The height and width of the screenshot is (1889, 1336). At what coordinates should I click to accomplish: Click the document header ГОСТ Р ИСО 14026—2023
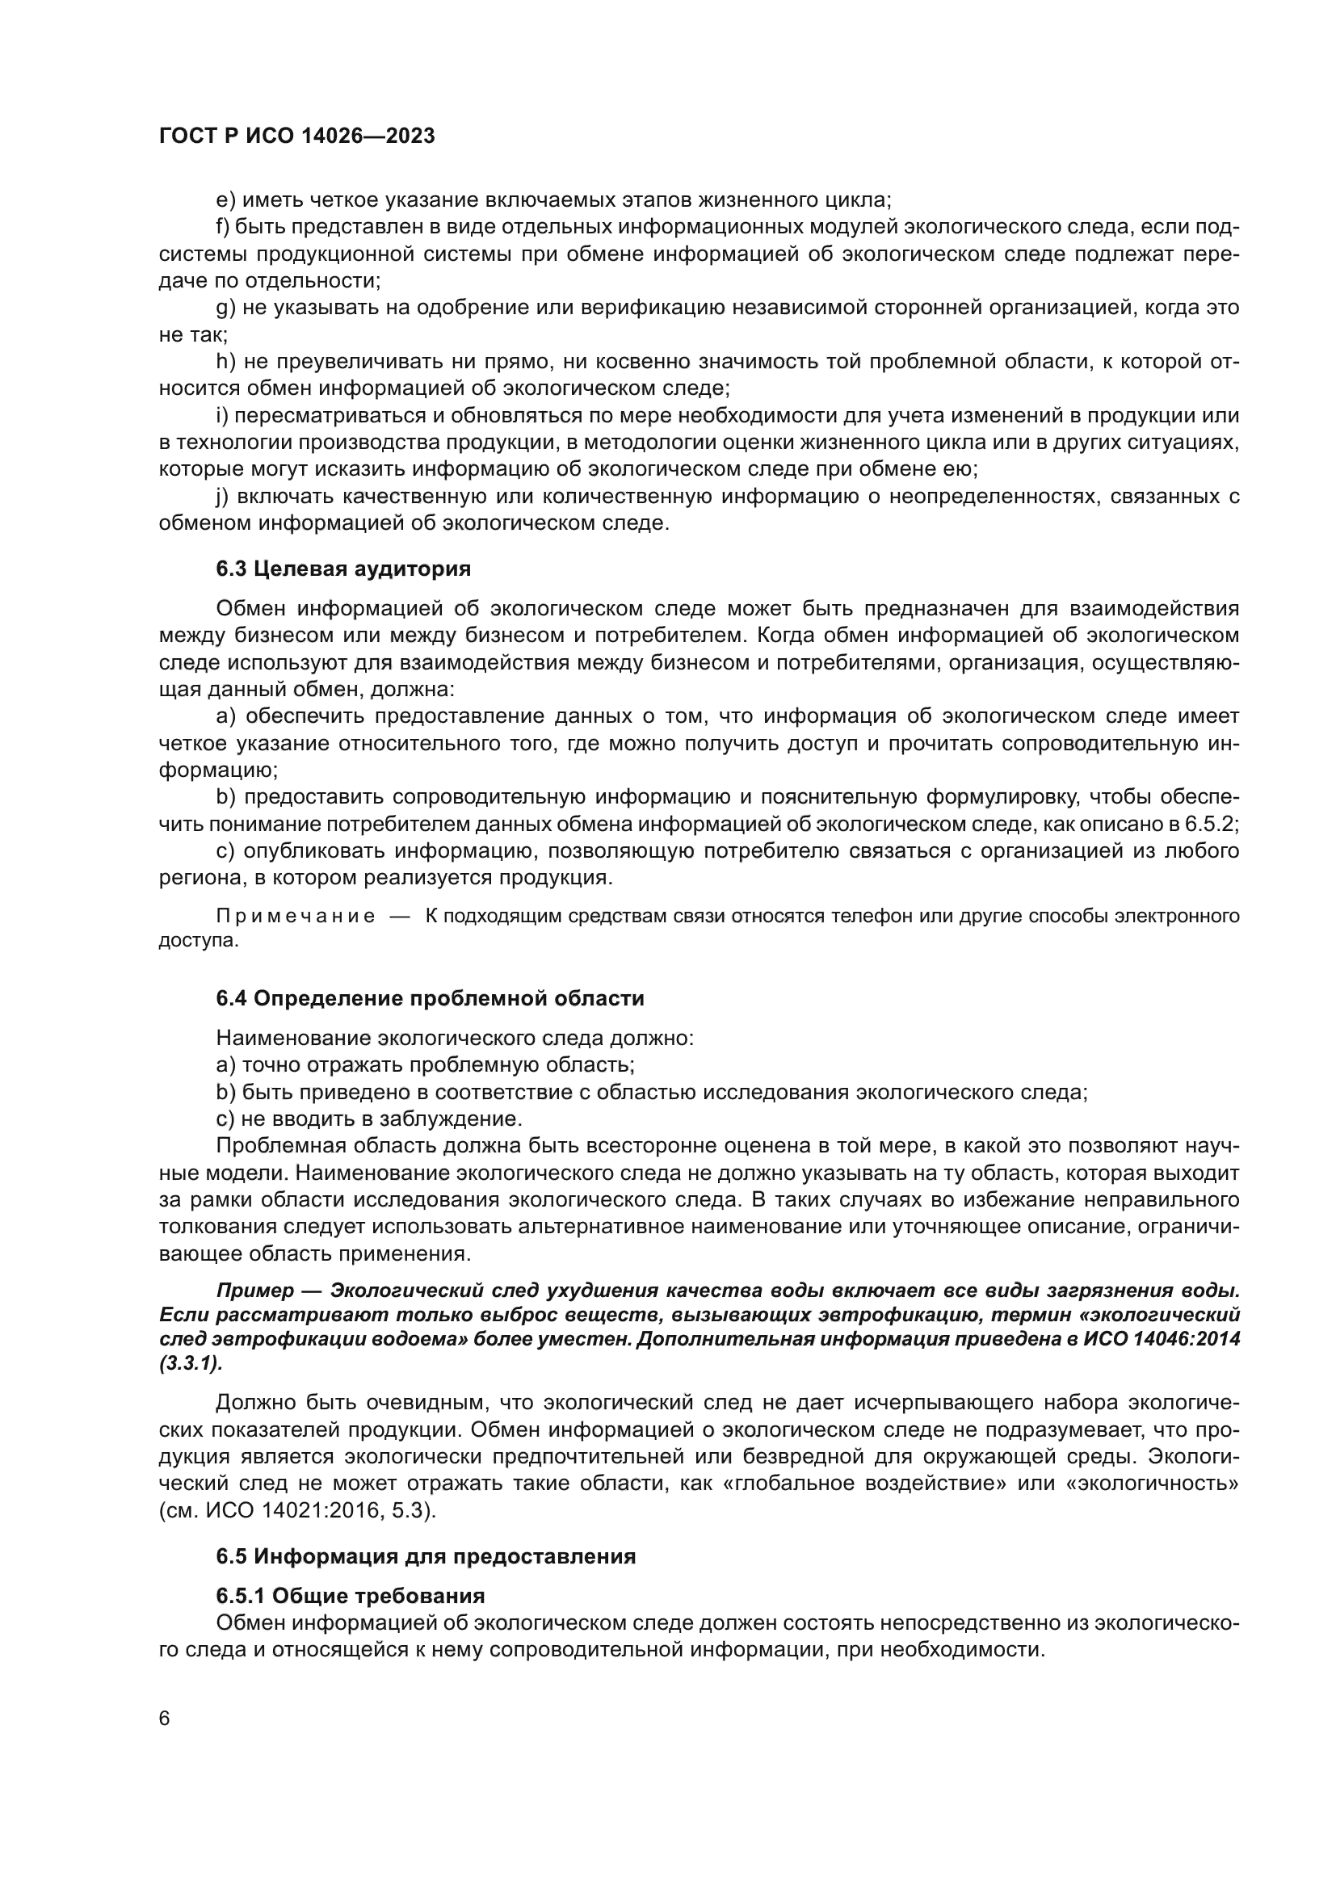coord(296,136)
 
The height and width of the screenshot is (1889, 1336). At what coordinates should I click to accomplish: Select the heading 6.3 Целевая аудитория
coord(343,569)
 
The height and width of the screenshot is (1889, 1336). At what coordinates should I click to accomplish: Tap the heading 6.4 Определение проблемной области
coord(430,998)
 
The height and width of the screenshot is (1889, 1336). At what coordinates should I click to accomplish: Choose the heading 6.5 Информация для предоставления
coord(426,1555)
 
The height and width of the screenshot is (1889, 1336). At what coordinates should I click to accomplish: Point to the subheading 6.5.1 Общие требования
coord(350,1596)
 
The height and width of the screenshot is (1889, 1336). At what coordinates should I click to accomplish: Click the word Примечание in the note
coord(296,917)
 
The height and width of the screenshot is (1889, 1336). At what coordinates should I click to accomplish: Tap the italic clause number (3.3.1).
coord(191,1363)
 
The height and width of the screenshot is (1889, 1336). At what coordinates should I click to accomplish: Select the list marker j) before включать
coord(223,497)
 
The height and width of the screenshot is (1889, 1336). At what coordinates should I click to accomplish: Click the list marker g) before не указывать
coord(225,309)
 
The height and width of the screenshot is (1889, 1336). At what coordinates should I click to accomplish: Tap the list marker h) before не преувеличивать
coord(225,362)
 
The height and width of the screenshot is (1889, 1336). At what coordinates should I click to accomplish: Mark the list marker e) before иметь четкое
coord(225,201)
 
